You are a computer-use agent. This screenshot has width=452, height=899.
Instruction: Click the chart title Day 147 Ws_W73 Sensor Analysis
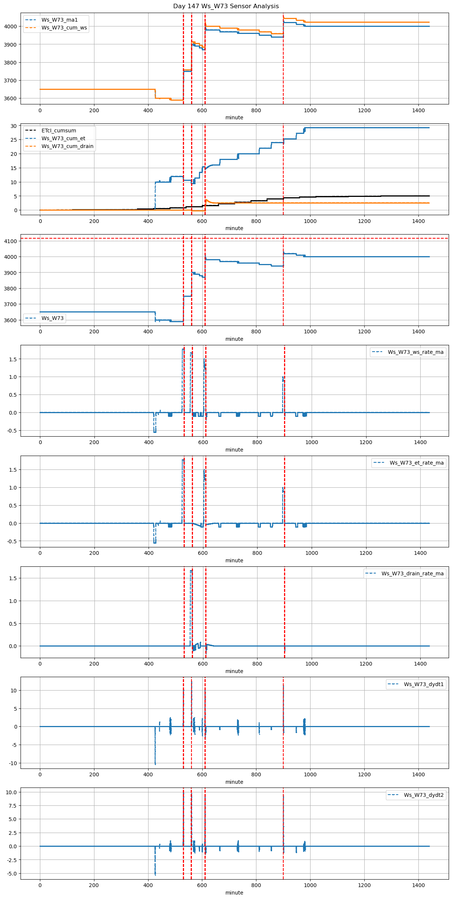pos(226,6)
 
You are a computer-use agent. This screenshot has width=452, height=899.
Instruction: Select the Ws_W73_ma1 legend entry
pos(59,20)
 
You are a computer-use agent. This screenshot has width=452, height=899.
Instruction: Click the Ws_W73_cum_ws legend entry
pos(64,28)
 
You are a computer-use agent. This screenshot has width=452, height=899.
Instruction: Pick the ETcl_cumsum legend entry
pos(59,131)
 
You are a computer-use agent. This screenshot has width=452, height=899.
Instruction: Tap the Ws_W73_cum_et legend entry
pos(63,138)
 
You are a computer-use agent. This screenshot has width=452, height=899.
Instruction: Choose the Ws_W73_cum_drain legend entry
pos(67,146)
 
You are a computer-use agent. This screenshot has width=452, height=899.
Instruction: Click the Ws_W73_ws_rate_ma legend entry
pos(415,352)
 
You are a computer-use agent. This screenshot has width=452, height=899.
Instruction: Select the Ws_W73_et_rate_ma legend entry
pos(417,463)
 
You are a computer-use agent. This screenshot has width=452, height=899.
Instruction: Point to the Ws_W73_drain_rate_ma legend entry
pos(412,573)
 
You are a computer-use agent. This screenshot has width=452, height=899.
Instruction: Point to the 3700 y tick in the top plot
pos(10,81)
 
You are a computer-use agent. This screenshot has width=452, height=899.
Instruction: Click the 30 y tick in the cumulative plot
pos(14,126)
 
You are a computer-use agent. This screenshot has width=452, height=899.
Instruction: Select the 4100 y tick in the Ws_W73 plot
pos(10,241)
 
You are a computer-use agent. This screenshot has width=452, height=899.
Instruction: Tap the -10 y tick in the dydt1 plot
pos(13,763)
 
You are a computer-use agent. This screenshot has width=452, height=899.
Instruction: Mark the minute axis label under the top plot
pos(234,117)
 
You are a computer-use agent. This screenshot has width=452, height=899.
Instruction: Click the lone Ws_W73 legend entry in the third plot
pos(53,318)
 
